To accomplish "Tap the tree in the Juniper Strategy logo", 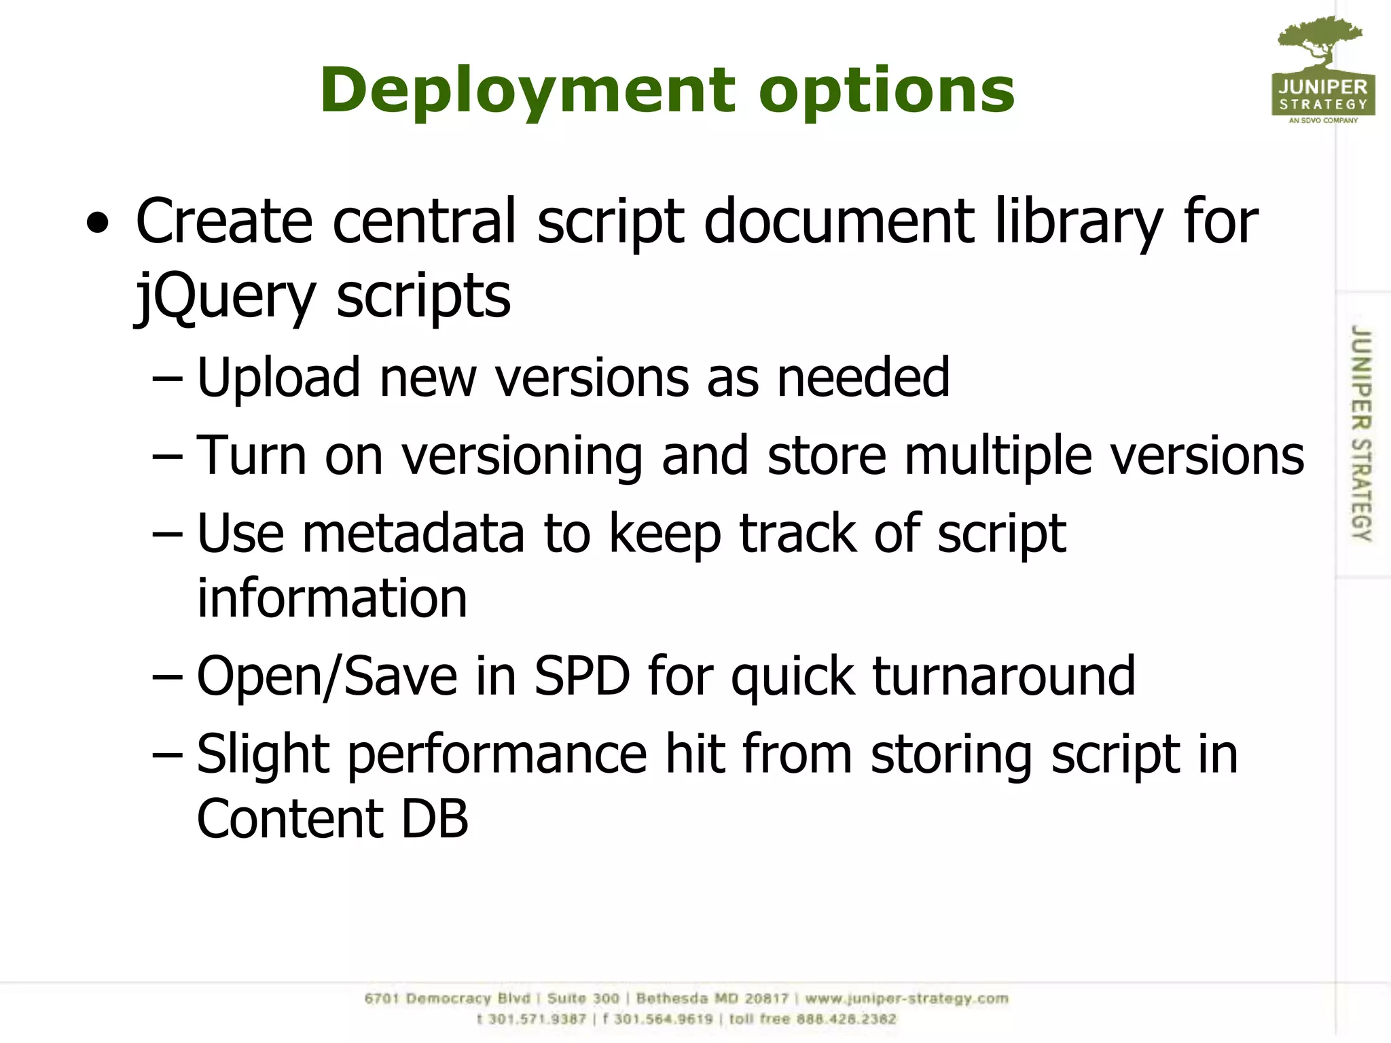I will click(x=1320, y=41).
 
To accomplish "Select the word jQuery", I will click(x=225, y=297).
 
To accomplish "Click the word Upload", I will click(x=278, y=378).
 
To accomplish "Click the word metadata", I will click(x=413, y=534).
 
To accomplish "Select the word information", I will click(x=332, y=598).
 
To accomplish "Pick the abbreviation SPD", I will click(x=582, y=676).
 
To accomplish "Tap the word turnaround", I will click(x=1003, y=676).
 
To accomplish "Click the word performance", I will click(x=497, y=754).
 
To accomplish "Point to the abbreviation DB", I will click(x=435, y=819).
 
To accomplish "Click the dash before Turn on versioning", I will click(x=167, y=457).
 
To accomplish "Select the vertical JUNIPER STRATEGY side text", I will click(x=1360, y=433).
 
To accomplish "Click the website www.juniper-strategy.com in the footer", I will click(x=906, y=999).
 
